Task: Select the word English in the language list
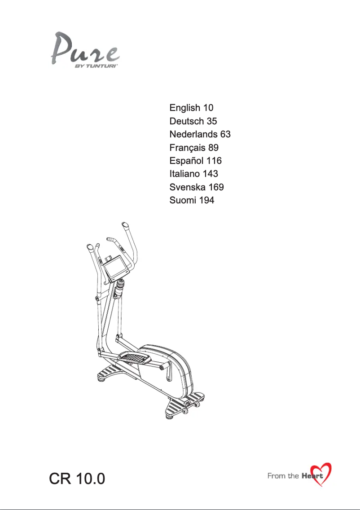(184, 108)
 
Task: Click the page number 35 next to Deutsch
(212, 121)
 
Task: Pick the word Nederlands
(193, 134)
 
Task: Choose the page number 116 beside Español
(214, 161)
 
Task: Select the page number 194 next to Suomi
(206, 200)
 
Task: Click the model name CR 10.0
(77, 479)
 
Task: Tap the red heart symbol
(323, 475)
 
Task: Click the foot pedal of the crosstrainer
(134, 357)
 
